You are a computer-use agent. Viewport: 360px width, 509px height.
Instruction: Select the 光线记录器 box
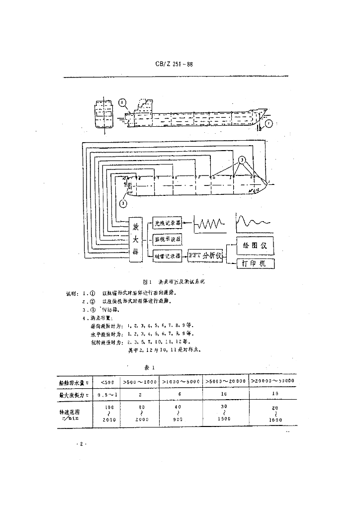pyautogui.click(x=167, y=223)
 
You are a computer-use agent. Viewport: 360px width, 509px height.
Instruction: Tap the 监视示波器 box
pyautogui.click(x=167, y=239)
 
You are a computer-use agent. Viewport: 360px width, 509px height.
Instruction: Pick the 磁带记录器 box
pyautogui.click(x=167, y=255)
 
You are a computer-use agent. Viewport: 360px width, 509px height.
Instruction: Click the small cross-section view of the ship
pyautogui.click(x=103, y=114)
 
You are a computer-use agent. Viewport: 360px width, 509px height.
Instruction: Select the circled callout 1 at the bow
pyautogui.click(x=269, y=123)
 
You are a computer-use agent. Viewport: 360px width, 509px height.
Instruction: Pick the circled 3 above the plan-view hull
pyautogui.click(x=242, y=160)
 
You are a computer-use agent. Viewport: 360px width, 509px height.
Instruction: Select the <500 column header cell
pyautogui.click(x=107, y=382)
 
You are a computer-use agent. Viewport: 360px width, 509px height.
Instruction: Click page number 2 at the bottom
pyautogui.click(x=80, y=443)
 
